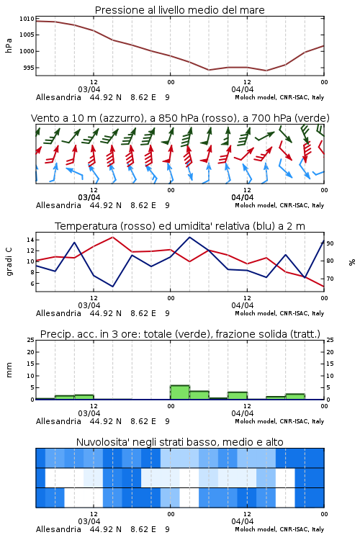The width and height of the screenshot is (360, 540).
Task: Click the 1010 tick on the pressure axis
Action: pyautogui.click(x=27, y=19)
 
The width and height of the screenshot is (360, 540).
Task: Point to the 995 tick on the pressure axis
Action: pyautogui.click(x=29, y=68)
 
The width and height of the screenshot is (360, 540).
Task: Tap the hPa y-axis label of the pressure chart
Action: pyautogui.click(x=9, y=45)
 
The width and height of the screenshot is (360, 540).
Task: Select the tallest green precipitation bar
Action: pyautogui.click(x=180, y=392)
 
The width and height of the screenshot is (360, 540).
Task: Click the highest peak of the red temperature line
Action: pyautogui.click(x=112, y=237)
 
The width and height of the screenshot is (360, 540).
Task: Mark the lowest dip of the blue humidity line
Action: pyautogui.click(x=112, y=287)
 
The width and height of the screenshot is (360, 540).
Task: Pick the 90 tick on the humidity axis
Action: pyautogui.click(x=330, y=243)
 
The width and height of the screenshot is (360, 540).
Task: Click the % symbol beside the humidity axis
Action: pyautogui.click(x=352, y=262)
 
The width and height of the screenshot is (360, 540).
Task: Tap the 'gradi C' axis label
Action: pyautogui.click(x=9, y=262)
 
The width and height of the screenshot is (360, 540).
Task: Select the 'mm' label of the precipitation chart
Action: pyautogui.click(x=9, y=370)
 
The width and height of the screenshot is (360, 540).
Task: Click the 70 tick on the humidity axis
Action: pyautogui.click(x=330, y=279)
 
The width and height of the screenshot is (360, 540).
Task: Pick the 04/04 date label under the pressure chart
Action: pyautogui.click(x=243, y=89)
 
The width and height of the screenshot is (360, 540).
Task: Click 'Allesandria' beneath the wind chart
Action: pyautogui.click(x=58, y=205)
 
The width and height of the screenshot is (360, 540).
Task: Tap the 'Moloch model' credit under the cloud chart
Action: pyautogui.click(x=256, y=529)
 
